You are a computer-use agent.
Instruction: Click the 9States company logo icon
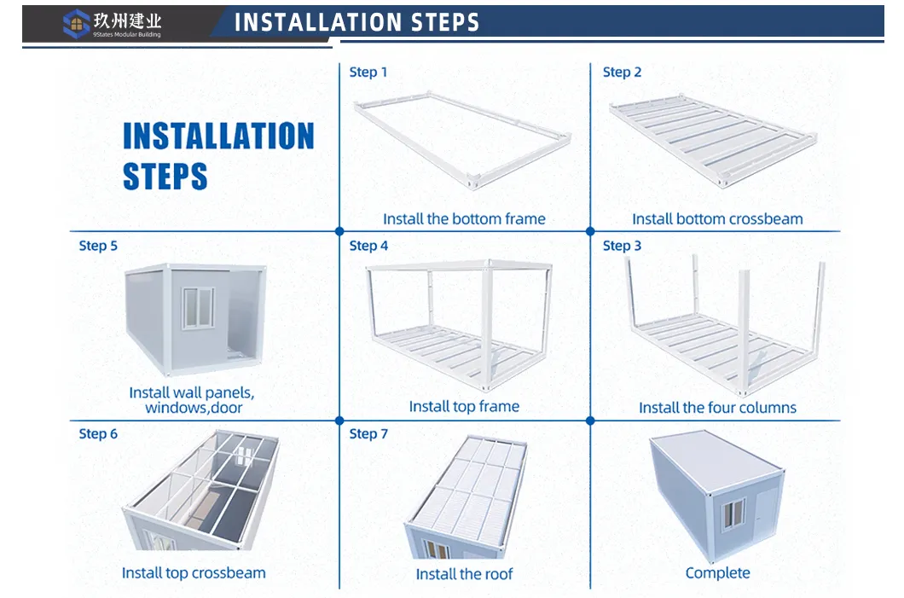(x=76, y=23)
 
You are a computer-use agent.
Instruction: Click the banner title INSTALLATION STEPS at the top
(x=356, y=22)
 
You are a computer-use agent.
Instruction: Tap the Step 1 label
(x=368, y=73)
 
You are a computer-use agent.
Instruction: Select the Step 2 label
(x=622, y=73)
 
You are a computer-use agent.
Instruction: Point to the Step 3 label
(x=622, y=246)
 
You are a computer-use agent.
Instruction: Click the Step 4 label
(x=368, y=246)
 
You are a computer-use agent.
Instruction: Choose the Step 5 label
(x=98, y=246)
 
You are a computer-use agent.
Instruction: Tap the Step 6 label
(x=98, y=434)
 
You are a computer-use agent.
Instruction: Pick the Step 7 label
(x=368, y=434)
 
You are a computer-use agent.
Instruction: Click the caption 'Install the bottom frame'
(x=464, y=219)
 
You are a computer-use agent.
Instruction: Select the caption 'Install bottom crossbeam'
(x=717, y=219)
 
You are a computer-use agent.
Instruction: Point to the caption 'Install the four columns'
(x=717, y=408)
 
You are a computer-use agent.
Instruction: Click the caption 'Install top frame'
(x=464, y=407)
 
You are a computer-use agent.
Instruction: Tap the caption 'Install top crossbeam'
(x=194, y=573)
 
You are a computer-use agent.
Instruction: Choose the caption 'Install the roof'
(x=464, y=574)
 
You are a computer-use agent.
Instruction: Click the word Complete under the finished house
(x=717, y=573)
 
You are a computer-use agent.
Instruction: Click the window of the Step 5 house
(x=199, y=307)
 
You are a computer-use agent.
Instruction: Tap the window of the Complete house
(x=733, y=514)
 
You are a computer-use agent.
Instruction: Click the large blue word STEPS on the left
(x=165, y=177)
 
